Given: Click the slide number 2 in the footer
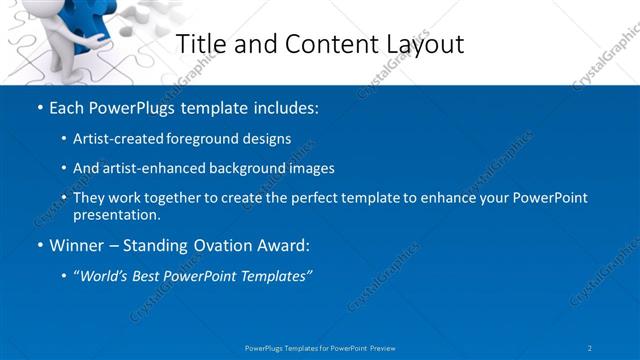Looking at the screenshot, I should pyautogui.click(x=590, y=347).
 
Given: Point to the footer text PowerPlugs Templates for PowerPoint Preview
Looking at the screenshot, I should pyautogui.click(x=319, y=347).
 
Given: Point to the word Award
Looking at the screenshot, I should pyautogui.click(x=283, y=245).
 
